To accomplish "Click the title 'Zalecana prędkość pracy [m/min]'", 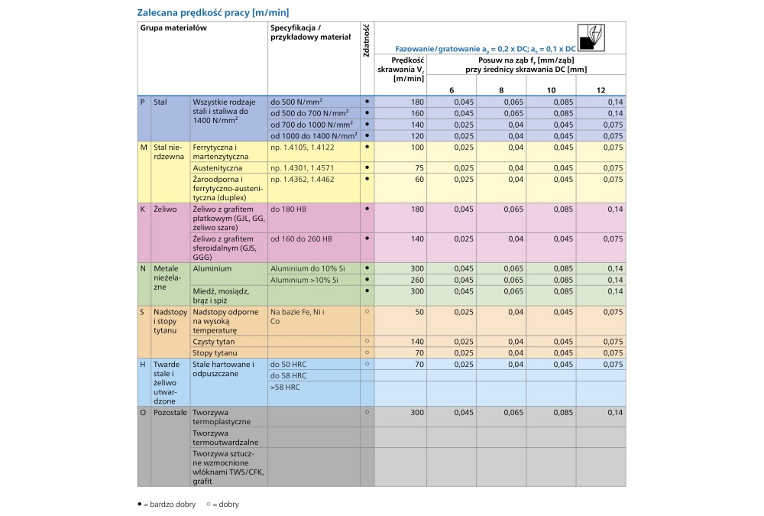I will [213, 12].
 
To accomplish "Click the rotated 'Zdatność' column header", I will [367, 42].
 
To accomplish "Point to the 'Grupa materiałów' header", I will [173, 27].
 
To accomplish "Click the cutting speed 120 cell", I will [417, 135].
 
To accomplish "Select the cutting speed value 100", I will [417, 146].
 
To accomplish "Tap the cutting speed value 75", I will [419, 167].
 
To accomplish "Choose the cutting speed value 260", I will [417, 280].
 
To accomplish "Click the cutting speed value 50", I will [419, 312].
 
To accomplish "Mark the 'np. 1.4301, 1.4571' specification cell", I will [303, 167].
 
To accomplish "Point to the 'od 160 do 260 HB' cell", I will [301, 239].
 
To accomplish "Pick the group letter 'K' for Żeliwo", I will [142, 208].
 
